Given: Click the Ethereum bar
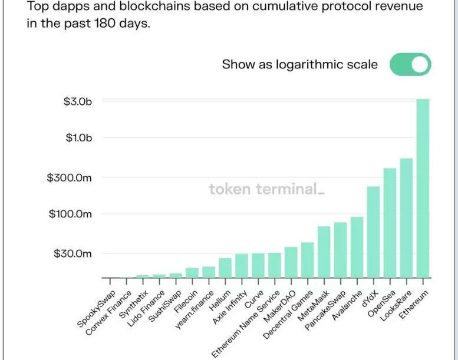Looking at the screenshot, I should click(x=423, y=189).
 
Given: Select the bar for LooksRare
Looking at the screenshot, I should click(x=406, y=218).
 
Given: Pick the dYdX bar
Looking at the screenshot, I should click(x=373, y=232).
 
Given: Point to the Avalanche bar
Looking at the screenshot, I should click(x=357, y=247).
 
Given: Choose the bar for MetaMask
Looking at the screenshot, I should click(x=324, y=252).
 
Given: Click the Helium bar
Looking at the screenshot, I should click(x=225, y=267).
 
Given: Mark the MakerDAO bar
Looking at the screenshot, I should click(x=291, y=262).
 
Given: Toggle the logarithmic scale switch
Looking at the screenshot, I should click(x=410, y=65).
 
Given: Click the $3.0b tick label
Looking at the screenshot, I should click(x=78, y=101).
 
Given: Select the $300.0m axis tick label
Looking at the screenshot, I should click(x=70, y=177).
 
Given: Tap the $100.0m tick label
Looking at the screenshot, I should click(x=70, y=214).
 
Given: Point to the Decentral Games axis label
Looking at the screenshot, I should click(x=284, y=316).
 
